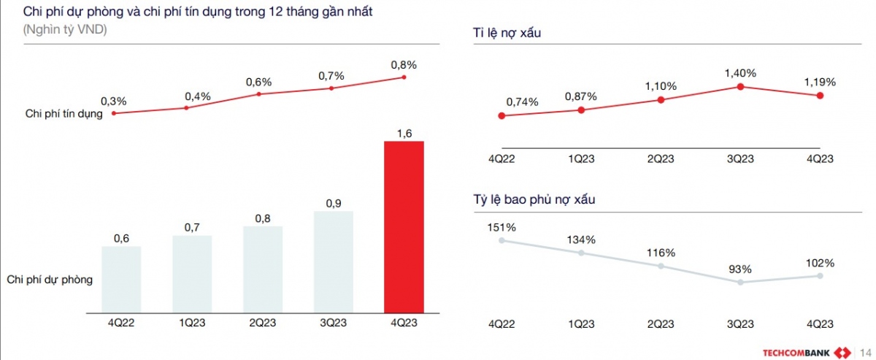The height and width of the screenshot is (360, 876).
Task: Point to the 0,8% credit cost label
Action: (404, 65)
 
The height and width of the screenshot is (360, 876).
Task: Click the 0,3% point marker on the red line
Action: (113, 113)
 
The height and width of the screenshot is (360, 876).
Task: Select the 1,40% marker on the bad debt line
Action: (740, 87)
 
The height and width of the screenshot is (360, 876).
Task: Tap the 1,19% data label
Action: (820, 82)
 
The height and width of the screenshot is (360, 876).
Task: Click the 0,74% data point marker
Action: (501, 115)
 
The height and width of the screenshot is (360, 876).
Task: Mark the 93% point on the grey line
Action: (740, 282)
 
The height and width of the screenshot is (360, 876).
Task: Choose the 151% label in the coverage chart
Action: (502, 227)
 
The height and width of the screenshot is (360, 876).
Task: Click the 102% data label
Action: (820, 263)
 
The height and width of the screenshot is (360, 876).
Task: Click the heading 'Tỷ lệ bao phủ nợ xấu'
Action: (534, 199)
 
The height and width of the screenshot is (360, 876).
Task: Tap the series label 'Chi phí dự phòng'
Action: (50, 279)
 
